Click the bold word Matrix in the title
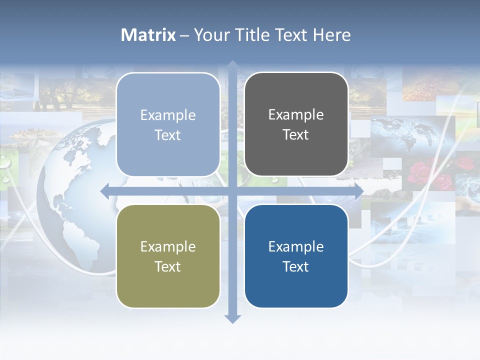[x=148, y=35]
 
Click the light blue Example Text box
[x=168, y=124]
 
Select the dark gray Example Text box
[x=296, y=124]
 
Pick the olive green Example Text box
[x=168, y=256]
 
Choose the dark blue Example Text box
[x=296, y=256]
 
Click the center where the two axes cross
[x=232, y=191]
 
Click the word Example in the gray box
[x=296, y=114]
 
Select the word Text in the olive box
[x=168, y=266]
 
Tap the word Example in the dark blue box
[x=296, y=246]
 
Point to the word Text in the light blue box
[x=168, y=135]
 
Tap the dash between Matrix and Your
[x=185, y=35]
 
